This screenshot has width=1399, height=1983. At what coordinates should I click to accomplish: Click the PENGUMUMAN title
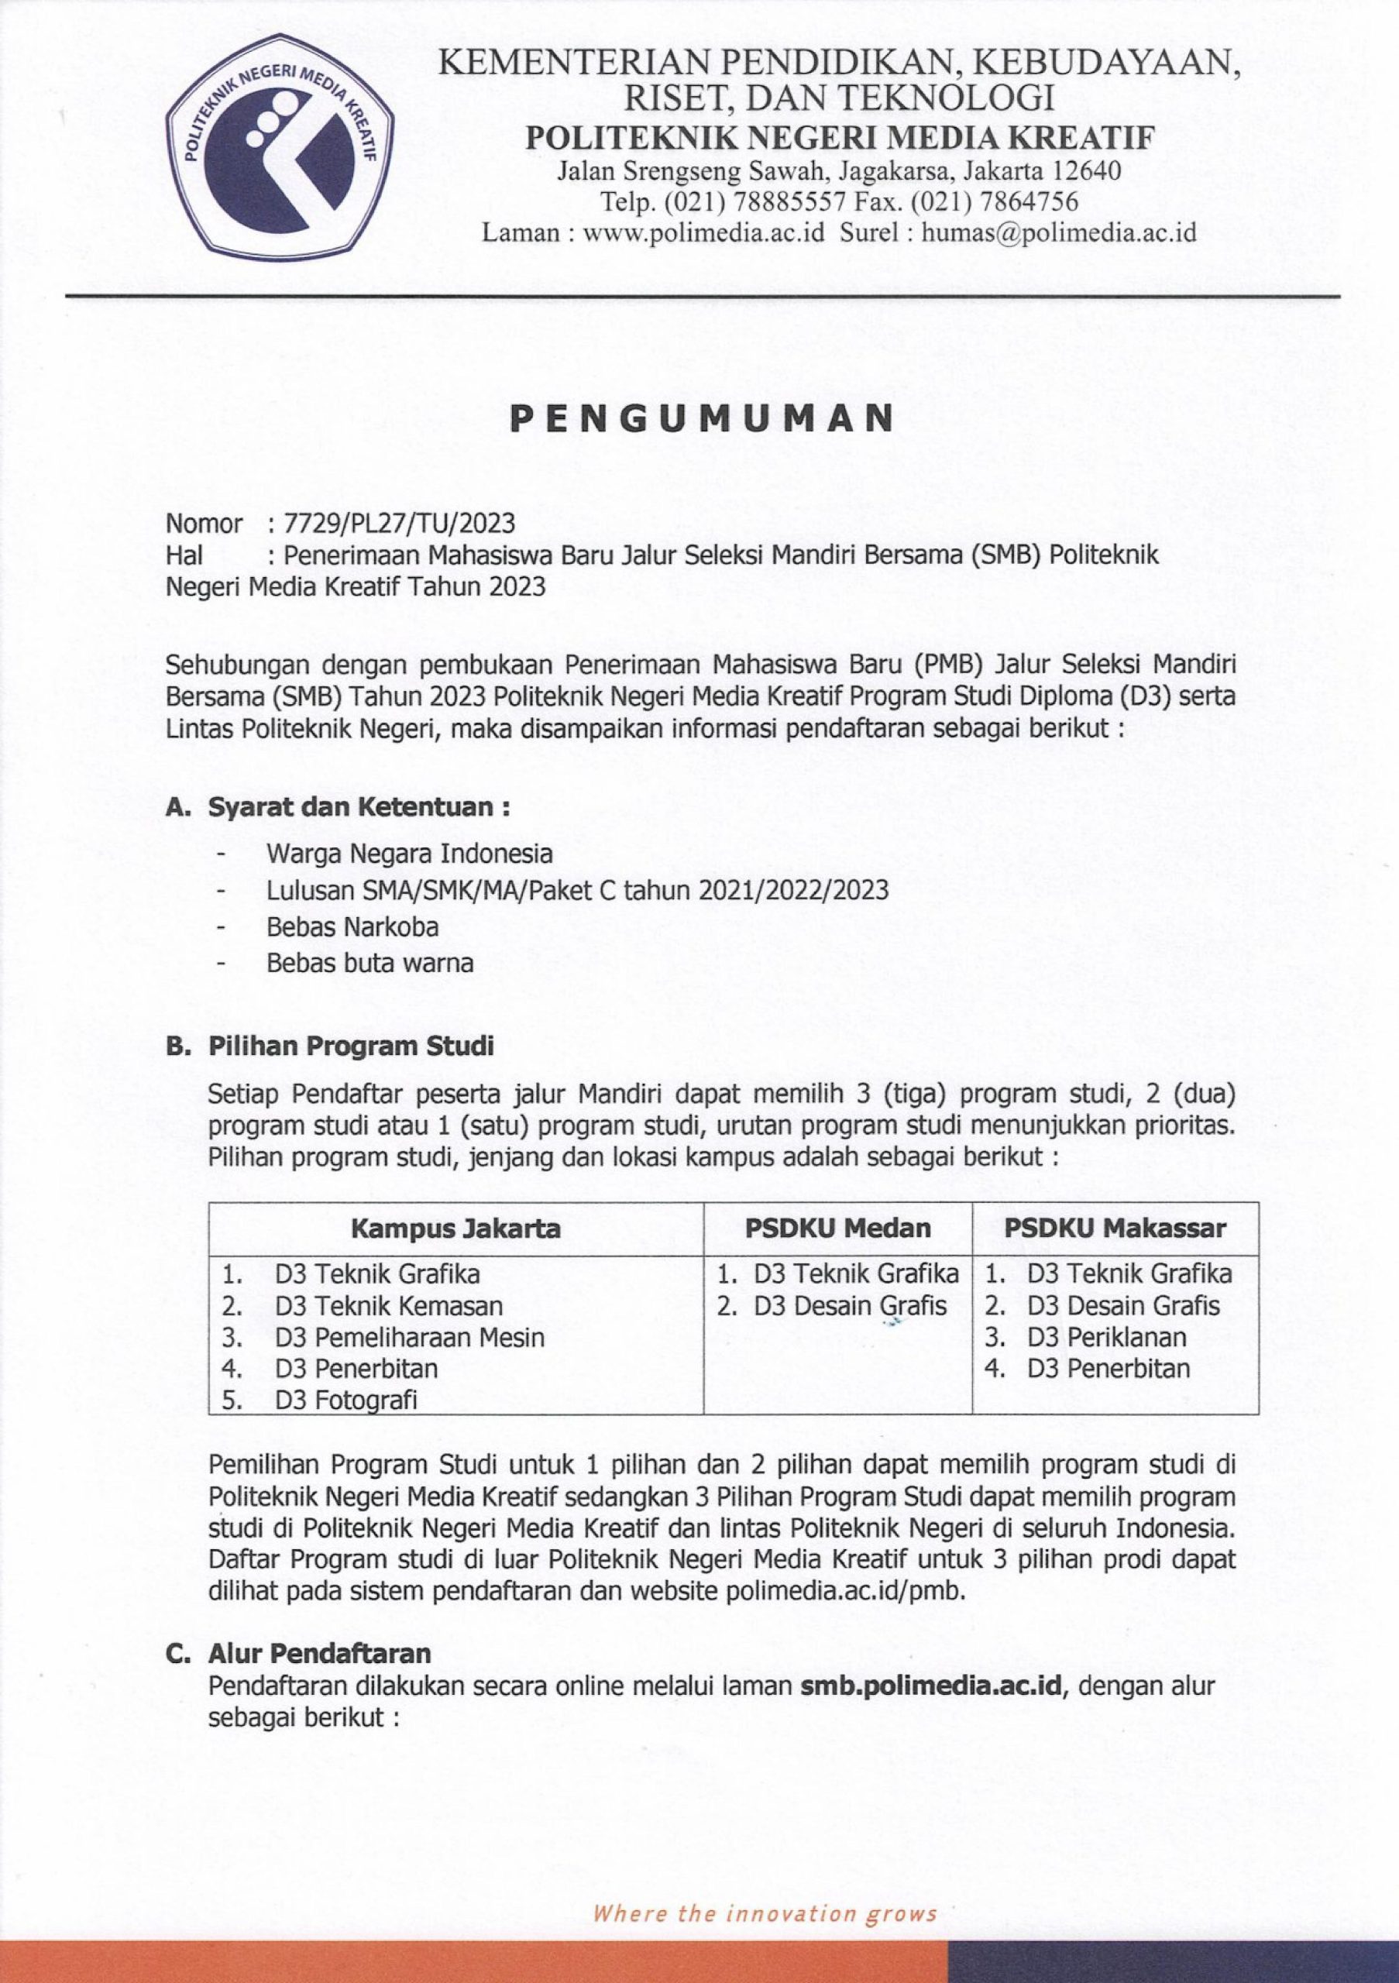coord(700,419)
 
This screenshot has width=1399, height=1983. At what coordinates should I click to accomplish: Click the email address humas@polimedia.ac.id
coord(1060,232)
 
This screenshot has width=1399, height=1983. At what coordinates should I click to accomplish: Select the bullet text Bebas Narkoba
coord(352,926)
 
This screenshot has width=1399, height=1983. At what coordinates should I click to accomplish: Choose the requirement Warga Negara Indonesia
coord(409,854)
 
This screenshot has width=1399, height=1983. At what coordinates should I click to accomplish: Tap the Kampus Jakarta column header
coord(455,1229)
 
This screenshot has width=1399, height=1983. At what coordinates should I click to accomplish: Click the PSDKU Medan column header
coord(837,1229)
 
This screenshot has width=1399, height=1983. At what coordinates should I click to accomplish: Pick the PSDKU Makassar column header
coord(1115,1229)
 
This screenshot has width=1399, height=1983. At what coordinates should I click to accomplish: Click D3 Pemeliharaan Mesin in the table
coord(409,1338)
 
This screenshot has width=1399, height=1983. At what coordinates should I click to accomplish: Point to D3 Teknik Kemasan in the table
coord(389,1306)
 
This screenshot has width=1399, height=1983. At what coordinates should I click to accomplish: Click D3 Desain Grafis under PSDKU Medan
coord(850,1306)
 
